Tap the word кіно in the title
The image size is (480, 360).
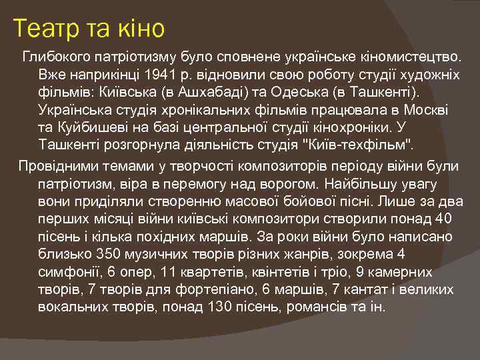(x=138, y=29)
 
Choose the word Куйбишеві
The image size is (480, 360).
(x=101, y=126)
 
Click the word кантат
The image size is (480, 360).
(x=365, y=291)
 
